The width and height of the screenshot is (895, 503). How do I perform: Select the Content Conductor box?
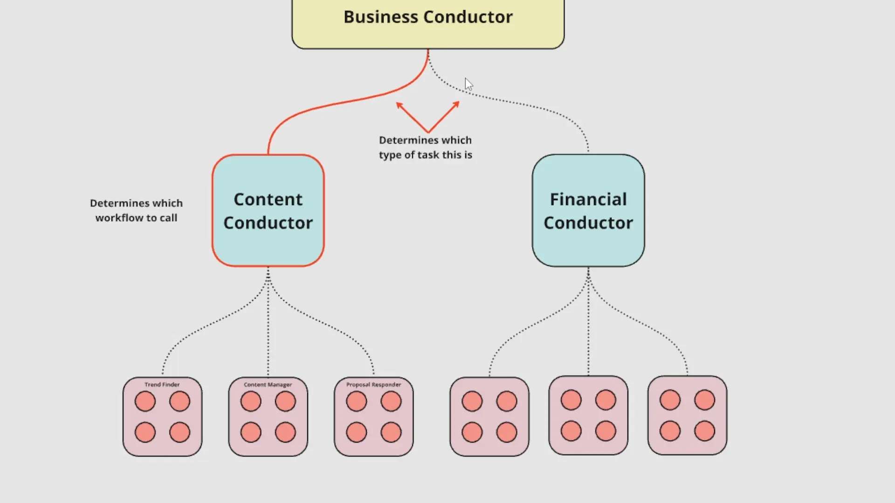[268, 211]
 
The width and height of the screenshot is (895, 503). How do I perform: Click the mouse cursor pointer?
[468, 84]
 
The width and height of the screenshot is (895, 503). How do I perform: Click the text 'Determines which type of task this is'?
[425, 147]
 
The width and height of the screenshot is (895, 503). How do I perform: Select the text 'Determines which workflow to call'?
[136, 211]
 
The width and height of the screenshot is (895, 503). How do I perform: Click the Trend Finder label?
[162, 385]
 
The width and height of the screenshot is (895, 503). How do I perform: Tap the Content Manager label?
[268, 385]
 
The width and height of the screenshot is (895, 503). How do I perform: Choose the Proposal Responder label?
[373, 385]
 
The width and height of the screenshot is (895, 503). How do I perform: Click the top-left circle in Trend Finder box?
[145, 401]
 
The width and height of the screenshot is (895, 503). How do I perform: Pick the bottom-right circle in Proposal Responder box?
[391, 432]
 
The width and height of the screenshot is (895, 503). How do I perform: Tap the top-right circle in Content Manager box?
[285, 401]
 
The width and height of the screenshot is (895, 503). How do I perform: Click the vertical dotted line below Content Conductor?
[268, 326]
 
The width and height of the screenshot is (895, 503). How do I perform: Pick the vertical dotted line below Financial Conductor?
[588, 326]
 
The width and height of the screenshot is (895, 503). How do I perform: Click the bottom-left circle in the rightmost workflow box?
[670, 431]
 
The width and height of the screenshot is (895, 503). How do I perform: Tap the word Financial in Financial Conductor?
[588, 199]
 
